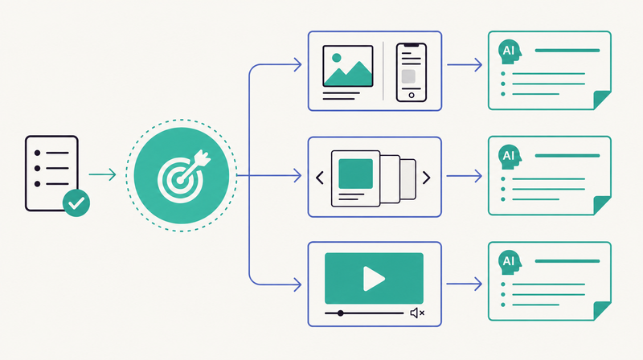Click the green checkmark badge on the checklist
(x=76, y=203)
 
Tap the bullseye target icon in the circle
(x=183, y=176)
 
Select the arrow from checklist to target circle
(x=102, y=174)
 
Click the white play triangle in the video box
(x=374, y=279)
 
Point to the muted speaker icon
(x=417, y=313)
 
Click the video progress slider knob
(x=340, y=313)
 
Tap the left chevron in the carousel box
(x=320, y=178)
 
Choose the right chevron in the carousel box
(x=427, y=178)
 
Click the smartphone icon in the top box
(x=412, y=72)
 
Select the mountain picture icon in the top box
(x=348, y=66)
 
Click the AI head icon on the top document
(x=510, y=51)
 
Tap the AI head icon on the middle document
(x=510, y=157)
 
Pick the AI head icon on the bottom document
(x=510, y=262)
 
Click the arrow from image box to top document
(x=465, y=65)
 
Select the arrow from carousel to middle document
(x=465, y=176)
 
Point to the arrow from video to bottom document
(x=465, y=284)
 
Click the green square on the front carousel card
(x=355, y=174)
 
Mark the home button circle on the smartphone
(x=412, y=96)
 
